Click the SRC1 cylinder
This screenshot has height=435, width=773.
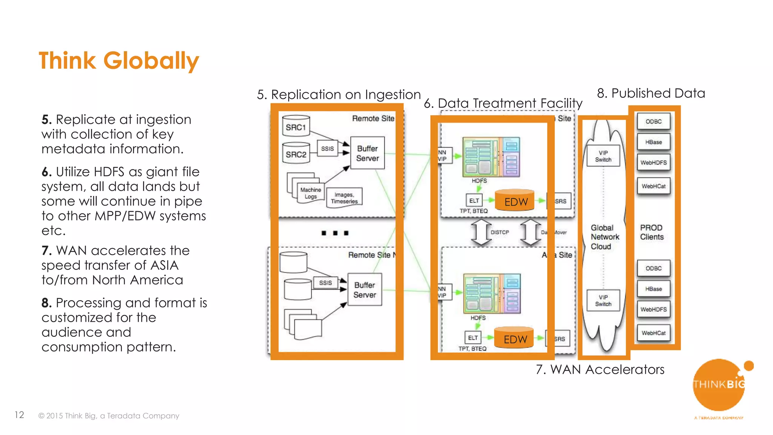(x=296, y=126)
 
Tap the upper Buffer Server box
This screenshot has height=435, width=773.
(x=367, y=153)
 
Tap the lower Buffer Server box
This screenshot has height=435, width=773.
(x=365, y=290)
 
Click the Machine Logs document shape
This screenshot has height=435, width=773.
(x=310, y=193)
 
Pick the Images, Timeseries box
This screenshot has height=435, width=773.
(x=344, y=197)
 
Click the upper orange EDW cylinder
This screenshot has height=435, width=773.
(x=515, y=201)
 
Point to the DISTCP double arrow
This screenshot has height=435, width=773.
(x=481, y=232)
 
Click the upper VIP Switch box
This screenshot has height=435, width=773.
(x=603, y=156)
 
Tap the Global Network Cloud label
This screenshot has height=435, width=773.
(x=604, y=237)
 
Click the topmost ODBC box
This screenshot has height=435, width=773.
(x=653, y=122)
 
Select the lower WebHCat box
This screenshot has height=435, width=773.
(x=653, y=333)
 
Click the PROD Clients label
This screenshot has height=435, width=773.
(x=651, y=232)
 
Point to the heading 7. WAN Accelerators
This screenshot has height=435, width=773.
(x=600, y=369)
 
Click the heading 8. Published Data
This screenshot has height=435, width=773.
(x=651, y=93)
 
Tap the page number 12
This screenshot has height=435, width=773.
(x=19, y=415)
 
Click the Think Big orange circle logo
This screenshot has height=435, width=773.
(x=718, y=385)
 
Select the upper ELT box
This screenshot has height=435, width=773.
(x=474, y=201)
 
